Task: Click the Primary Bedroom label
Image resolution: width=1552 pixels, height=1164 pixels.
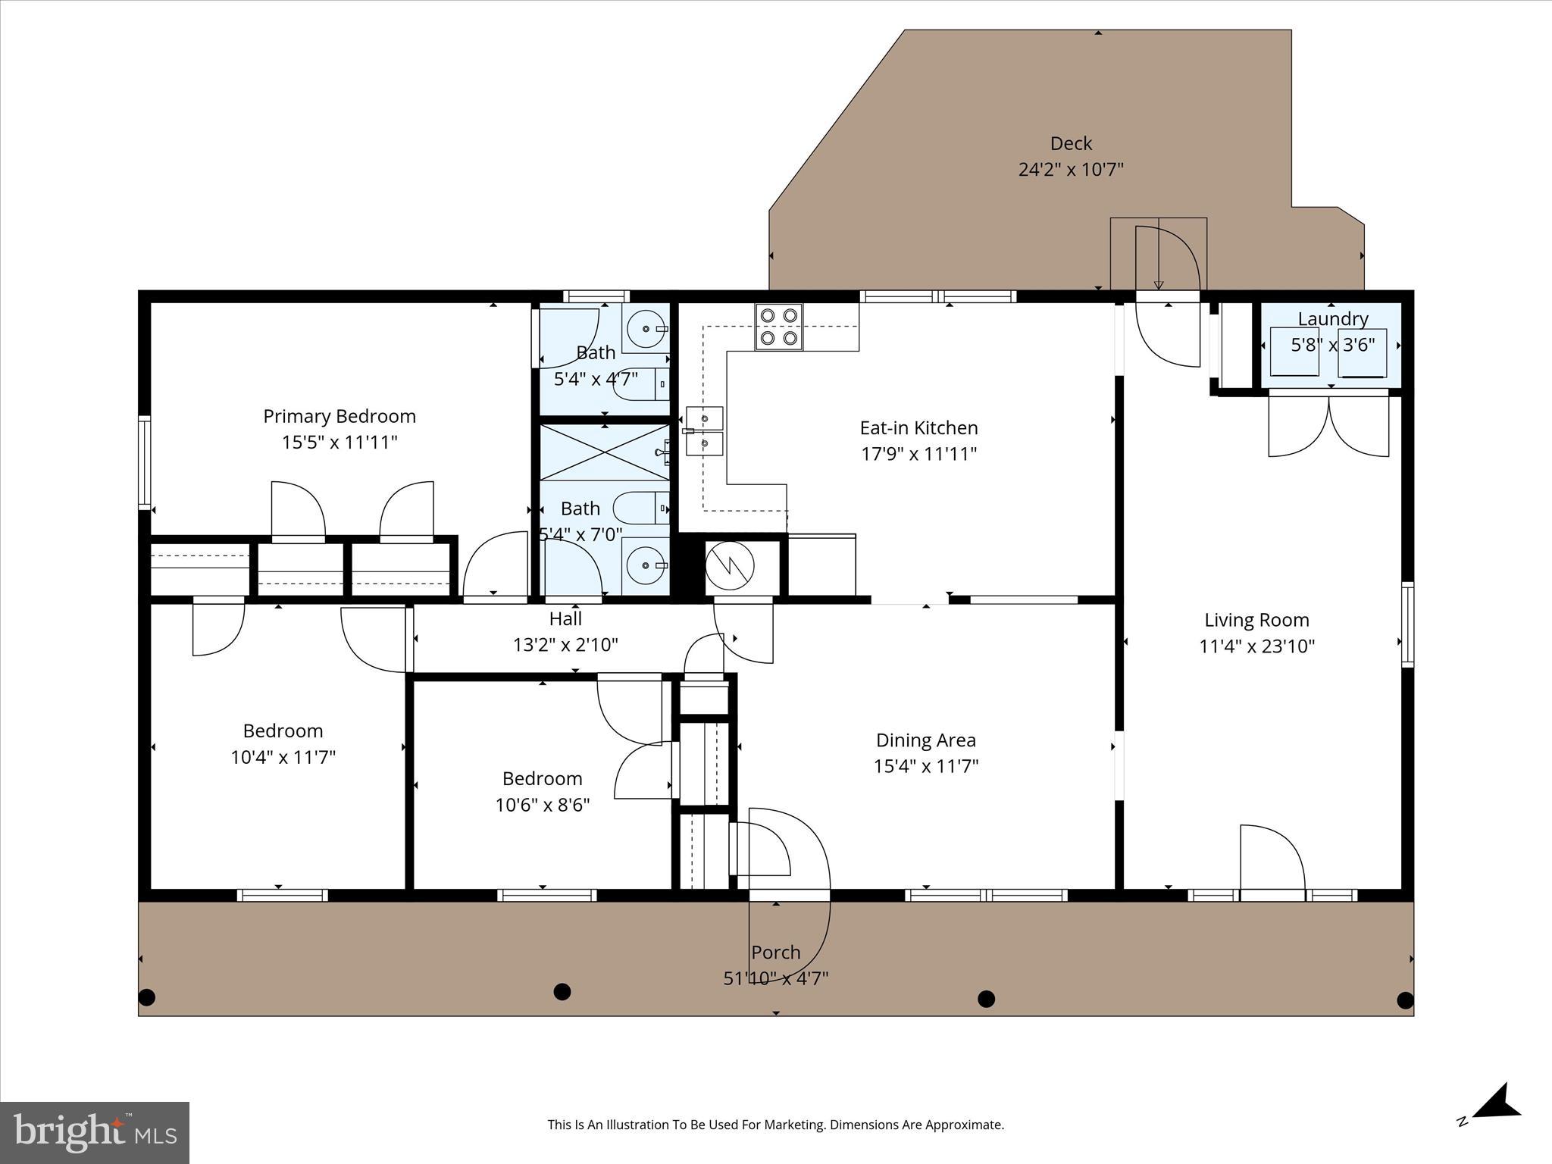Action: (x=339, y=416)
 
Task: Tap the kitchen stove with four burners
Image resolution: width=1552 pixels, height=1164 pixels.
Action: (x=778, y=327)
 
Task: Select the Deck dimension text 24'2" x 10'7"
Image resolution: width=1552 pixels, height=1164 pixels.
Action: (x=1070, y=169)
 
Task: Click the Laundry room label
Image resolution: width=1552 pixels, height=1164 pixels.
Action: (x=1332, y=319)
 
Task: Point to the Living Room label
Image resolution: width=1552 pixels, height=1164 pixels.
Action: (x=1256, y=620)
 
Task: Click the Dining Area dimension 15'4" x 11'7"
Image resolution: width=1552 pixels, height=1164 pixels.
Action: (x=925, y=766)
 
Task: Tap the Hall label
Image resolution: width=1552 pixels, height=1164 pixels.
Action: (x=565, y=619)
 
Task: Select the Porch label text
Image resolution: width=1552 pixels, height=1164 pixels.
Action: (x=775, y=953)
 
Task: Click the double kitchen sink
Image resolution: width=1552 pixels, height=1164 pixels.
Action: (x=704, y=431)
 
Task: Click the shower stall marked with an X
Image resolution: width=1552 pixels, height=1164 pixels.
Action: (x=603, y=452)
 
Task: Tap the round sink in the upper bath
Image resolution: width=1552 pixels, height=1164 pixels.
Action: (x=646, y=329)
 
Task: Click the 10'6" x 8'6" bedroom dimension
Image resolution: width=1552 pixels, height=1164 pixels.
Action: (x=542, y=805)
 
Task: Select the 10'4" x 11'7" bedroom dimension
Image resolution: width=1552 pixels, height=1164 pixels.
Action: (x=283, y=757)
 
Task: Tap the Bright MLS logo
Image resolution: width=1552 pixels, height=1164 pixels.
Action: (x=95, y=1132)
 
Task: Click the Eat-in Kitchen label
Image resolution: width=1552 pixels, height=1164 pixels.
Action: (x=918, y=428)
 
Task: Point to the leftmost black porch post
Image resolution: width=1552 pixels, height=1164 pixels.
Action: (x=147, y=997)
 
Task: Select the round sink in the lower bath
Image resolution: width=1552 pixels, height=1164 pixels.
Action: (x=646, y=565)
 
